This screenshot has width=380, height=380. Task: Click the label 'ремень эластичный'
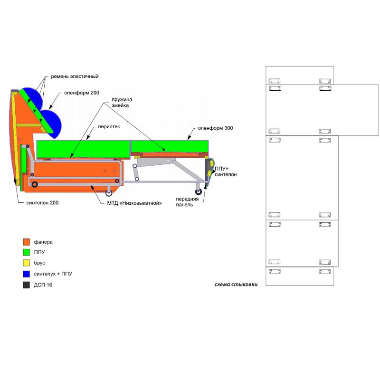(75, 76)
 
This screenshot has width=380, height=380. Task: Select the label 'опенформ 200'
(82, 93)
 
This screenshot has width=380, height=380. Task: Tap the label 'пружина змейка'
(122, 103)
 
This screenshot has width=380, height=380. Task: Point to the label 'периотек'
(109, 127)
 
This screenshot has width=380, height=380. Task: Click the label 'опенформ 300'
(215, 128)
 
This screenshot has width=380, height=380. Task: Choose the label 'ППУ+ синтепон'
(225, 171)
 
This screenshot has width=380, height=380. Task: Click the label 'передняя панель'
(187, 201)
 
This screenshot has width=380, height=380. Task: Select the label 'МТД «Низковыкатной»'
(134, 203)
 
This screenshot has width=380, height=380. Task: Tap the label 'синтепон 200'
(42, 203)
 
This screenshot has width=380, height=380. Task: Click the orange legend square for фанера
(27, 242)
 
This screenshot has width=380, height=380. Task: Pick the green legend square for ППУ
(27, 252)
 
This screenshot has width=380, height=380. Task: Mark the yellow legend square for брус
(27, 263)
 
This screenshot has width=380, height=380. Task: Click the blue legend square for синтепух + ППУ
(27, 274)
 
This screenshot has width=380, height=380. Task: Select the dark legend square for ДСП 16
(27, 285)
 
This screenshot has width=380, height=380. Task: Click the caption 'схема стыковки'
(236, 285)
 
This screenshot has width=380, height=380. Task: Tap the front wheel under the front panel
(199, 192)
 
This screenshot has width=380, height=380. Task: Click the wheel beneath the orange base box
(109, 193)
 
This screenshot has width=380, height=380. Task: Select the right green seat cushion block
(170, 146)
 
